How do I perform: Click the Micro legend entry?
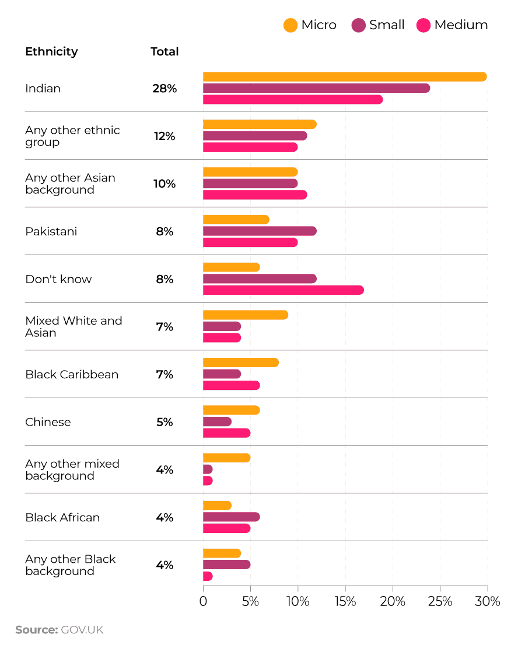click(x=310, y=25)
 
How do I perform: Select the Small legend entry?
click(x=378, y=25)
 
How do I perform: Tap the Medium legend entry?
click(x=453, y=25)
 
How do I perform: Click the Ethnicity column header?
click(x=51, y=51)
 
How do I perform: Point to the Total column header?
click(x=164, y=51)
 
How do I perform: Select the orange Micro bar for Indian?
click(x=344, y=77)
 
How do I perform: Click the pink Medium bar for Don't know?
click(x=283, y=290)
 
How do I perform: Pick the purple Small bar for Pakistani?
click(x=260, y=231)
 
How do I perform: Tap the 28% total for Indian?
click(x=164, y=89)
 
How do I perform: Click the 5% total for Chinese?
click(x=164, y=422)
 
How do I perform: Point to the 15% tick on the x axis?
click(x=345, y=601)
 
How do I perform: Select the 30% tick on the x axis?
click(x=487, y=601)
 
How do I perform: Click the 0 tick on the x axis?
click(x=203, y=601)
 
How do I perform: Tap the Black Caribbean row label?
click(x=72, y=375)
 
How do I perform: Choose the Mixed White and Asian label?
click(x=73, y=327)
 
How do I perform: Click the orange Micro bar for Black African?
click(x=217, y=506)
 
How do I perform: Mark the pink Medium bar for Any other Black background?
click(x=208, y=576)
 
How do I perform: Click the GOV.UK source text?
click(x=81, y=630)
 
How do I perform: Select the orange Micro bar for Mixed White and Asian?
click(x=245, y=315)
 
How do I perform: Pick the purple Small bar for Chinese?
click(x=217, y=421)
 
